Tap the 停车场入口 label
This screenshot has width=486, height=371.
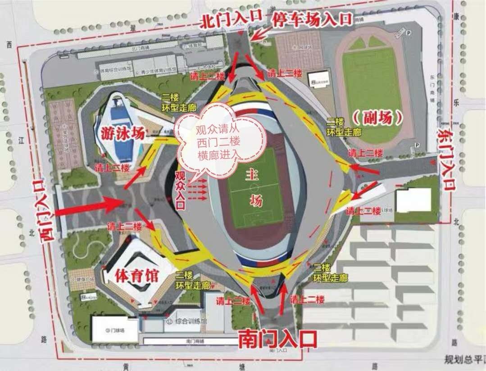(x=311, y=18)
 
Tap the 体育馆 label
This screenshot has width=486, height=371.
(x=132, y=274)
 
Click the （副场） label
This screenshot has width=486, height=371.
(x=377, y=118)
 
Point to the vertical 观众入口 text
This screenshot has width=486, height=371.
(x=180, y=190)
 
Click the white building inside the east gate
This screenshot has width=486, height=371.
(x=413, y=201)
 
